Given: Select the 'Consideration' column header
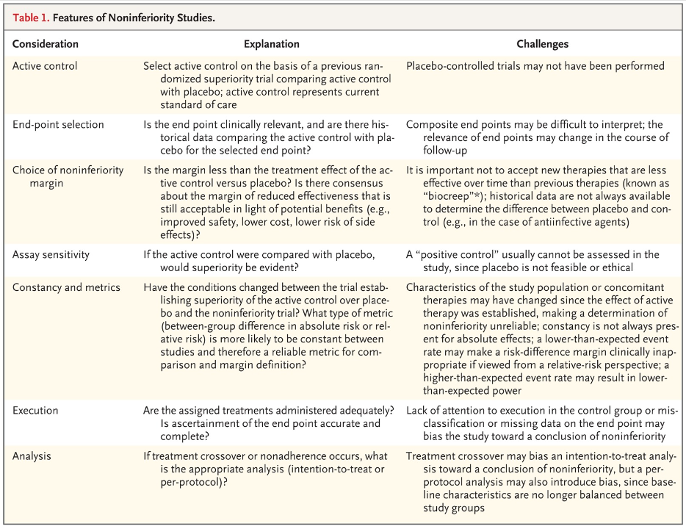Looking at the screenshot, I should pyautogui.click(x=46, y=44).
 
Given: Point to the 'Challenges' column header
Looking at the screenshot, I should pyautogui.click(x=543, y=44).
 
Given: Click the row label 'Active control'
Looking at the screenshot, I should pyautogui.click(x=45, y=66).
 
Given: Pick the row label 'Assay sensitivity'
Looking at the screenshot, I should pyautogui.click(x=51, y=254).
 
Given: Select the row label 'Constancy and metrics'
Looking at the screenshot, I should pyautogui.click(x=66, y=287).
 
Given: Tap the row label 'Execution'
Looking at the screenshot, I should pyautogui.click(x=35, y=410).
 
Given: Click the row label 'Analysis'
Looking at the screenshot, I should pyautogui.click(x=32, y=456).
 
